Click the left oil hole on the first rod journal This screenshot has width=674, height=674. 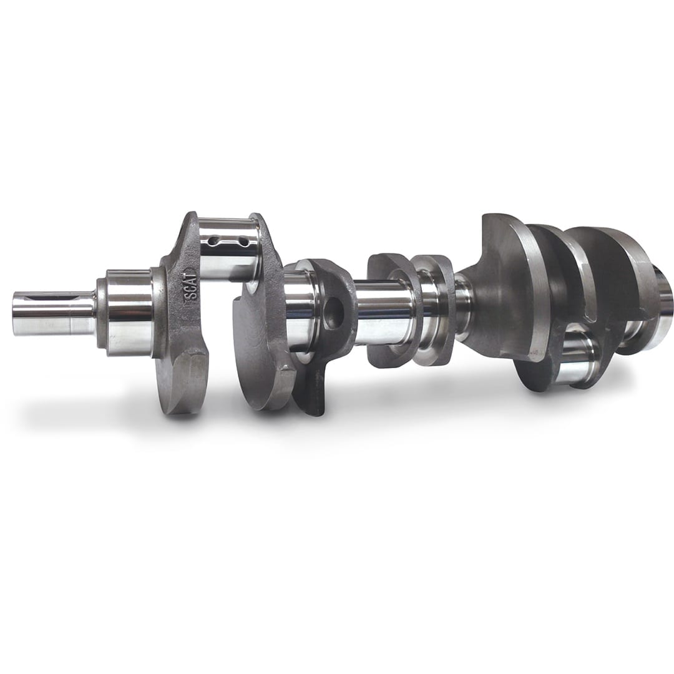(x=214, y=240)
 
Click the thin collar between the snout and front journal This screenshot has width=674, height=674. (x=100, y=312)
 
